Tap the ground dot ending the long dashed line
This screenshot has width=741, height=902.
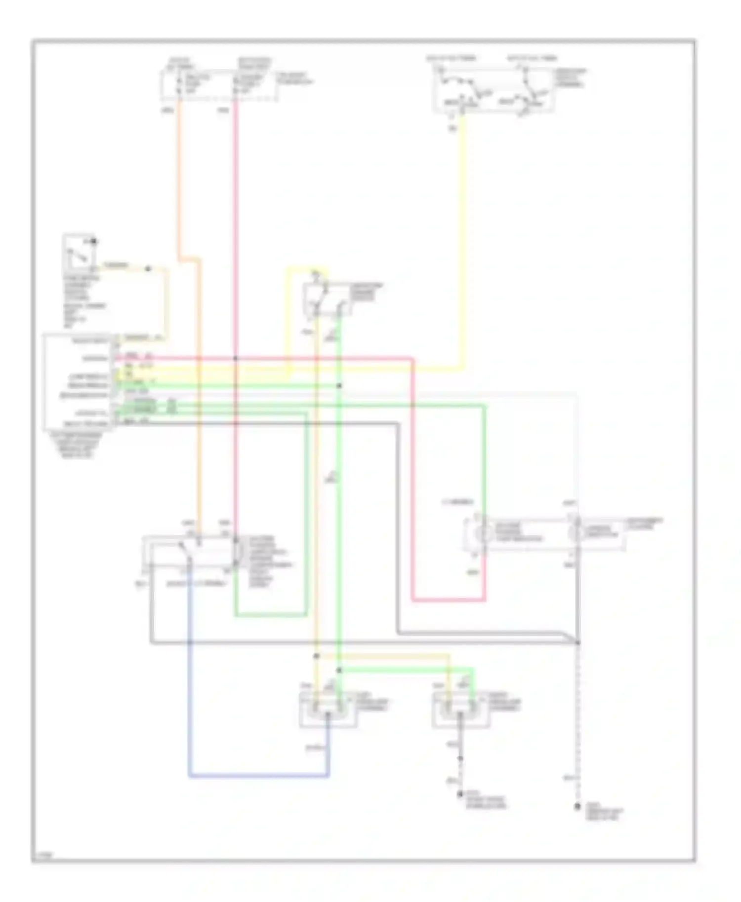click(577, 807)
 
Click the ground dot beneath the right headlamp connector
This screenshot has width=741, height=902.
click(460, 794)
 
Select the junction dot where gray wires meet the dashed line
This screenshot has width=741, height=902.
click(577, 642)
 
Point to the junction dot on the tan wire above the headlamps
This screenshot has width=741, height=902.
click(317, 656)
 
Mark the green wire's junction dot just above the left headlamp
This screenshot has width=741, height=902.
click(339, 670)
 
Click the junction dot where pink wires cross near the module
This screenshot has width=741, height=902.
click(236, 359)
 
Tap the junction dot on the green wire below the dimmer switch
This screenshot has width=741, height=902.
click(339, 385)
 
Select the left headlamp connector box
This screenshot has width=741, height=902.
click(328, 710)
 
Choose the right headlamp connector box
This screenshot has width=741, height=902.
click(461, 710)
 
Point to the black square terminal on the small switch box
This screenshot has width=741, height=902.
click(94, 241)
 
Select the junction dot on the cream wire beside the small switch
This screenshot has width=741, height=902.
click(148, 269)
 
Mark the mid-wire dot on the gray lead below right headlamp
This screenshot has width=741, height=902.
click(460, 758)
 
